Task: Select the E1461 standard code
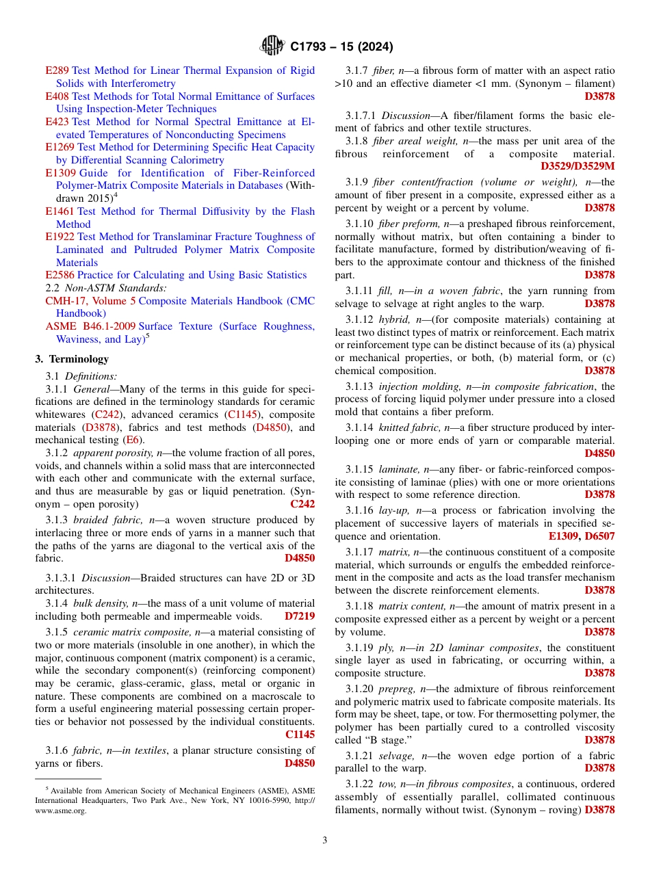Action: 60,211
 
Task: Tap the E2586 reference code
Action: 60,275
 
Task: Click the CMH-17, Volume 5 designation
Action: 90,301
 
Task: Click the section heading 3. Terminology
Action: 72,359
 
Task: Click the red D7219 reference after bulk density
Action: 300,616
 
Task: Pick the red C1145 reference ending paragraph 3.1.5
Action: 300,735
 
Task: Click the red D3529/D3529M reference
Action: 577,166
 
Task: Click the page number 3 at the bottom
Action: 324,841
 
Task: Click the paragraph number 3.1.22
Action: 359,784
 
